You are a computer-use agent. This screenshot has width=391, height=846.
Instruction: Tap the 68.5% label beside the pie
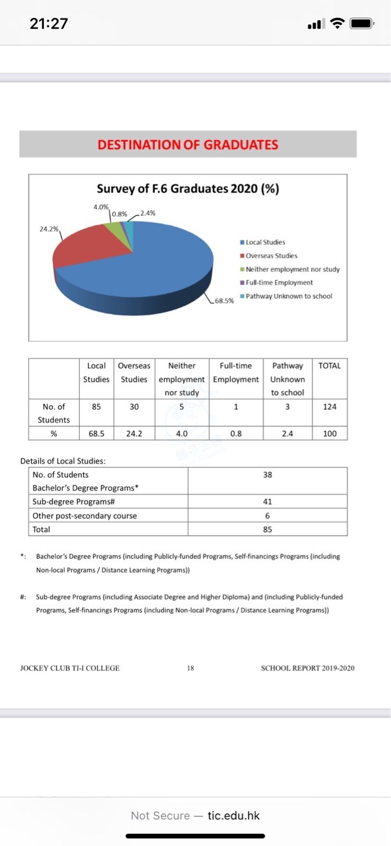[x=224, y=300]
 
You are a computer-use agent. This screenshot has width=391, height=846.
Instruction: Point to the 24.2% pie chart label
[x=49, y=229]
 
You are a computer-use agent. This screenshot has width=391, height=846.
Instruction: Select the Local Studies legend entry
[x=265, y=242]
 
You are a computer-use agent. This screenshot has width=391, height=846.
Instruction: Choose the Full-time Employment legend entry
[x=278, y=282]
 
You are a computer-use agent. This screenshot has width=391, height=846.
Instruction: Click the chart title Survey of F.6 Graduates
[x=188, y=189]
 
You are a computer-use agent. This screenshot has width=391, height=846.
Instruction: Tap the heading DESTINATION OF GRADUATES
[x=188, y=144]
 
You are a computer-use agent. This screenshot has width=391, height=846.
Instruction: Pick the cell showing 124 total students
[x=330, y=407]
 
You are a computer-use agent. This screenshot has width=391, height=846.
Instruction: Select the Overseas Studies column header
[x=134, y=372]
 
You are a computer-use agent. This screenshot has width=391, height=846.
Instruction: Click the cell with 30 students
[x=134, y=407]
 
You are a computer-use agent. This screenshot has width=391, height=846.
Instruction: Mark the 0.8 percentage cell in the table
[x=236, y=434]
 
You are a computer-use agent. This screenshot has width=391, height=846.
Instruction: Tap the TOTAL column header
[x=330, y=365]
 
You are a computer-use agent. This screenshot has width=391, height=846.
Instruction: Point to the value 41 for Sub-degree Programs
[x=267, y=501]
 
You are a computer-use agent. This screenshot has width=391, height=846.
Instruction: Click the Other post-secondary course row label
[x=85, y=516]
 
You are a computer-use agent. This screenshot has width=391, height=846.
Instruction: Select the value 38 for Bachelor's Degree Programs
[x=267, y=475]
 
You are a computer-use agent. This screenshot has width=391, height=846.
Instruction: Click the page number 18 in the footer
[x=190, y=668]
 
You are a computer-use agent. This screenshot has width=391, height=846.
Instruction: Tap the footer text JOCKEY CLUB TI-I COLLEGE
[x=70, y=668]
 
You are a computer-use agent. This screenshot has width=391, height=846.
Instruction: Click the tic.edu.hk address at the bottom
[x=234, y=815]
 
